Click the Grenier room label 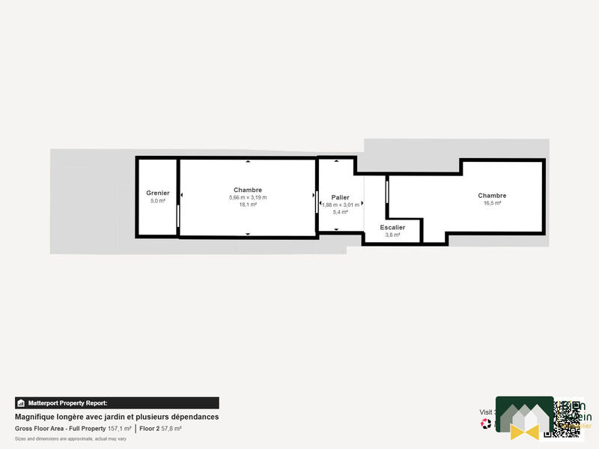pyautogui.click(x=157, y=193)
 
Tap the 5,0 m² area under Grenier pyautogui.click(x=157, y=201)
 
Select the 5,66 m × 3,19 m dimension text pyautogui.click(x=248, y=197)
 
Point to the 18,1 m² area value pyautogui.click(x=248, y=205)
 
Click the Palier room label pyautogui.click(x=341, y=197)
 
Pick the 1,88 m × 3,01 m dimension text pyautogui.click(x=341, y=205)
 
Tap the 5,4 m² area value pyautogui.click(x=341, y=212)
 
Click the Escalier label pyautogui.click(x=392, y=227)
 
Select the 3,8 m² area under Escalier pyautogui.click(x=392, y=235)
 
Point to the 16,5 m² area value pyautogui.click(x=492, y=203)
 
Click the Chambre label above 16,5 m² pyautogui.click(x=492, y=196)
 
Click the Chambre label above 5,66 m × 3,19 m pyautogui.click(x=248, y=190)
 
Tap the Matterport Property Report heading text pyautogui.click(x=68, y=403)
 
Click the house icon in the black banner pyautogui.click(x=21, y=403)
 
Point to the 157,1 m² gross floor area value pyautogui.click(x=120, y=429)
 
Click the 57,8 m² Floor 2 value pyautogui.click(x=171, y=429)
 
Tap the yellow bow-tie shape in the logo pyautogui.click(x=524, y=431)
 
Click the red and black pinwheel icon pyautogui.click(x=486, y=424)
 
